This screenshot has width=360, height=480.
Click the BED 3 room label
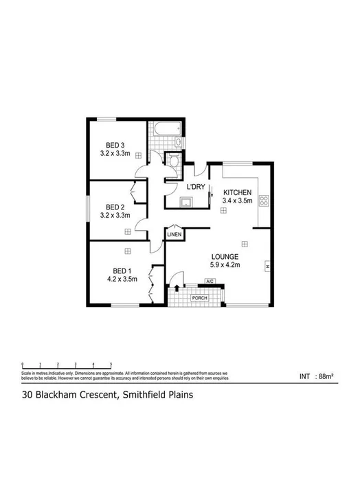coord(115,145)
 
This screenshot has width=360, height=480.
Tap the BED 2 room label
coord(115,206)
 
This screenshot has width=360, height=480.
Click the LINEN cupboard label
coord(175,235)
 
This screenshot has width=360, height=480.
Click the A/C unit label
coord(210,282)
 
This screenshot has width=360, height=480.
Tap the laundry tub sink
coord(185,202)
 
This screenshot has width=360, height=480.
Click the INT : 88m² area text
coord(316,376)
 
